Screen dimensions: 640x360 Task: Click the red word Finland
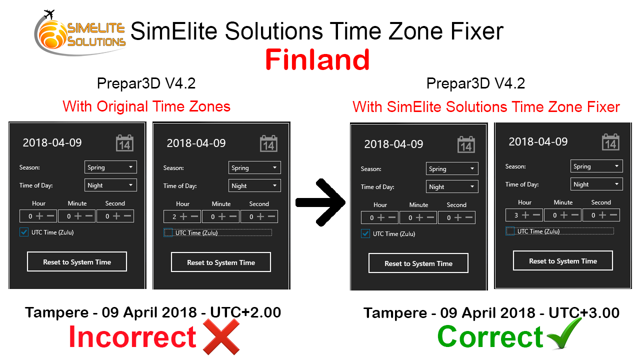click(317, 59)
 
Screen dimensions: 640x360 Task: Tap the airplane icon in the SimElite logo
click(49, 14)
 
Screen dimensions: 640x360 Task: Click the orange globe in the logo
click(52, 35)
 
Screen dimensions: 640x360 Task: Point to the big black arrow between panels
click(320, 202)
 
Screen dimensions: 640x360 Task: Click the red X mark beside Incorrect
click(221, 336)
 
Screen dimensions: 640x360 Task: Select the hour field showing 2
click(182, 216)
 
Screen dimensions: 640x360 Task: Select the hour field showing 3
click(524, 215)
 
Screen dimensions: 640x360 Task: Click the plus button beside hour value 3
click(525, 215)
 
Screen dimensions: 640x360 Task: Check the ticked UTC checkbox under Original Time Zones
click(24, 232)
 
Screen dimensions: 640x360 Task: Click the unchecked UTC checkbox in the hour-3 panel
click(510, 231)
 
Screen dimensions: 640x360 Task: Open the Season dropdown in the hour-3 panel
click(596, 166)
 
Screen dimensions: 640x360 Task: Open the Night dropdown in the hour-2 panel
click(254, 185)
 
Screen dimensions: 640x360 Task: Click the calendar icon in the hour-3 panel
click(610, 142)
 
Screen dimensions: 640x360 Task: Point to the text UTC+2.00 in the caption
click(245, 312)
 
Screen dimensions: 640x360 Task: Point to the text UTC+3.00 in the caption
click(584, 313)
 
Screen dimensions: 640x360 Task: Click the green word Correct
click(490, 337)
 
